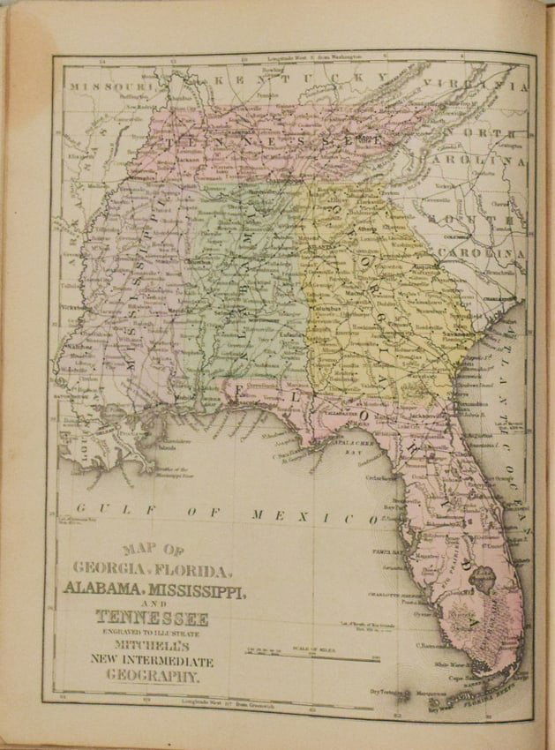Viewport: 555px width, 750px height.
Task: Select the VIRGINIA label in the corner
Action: tap(481, 86)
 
